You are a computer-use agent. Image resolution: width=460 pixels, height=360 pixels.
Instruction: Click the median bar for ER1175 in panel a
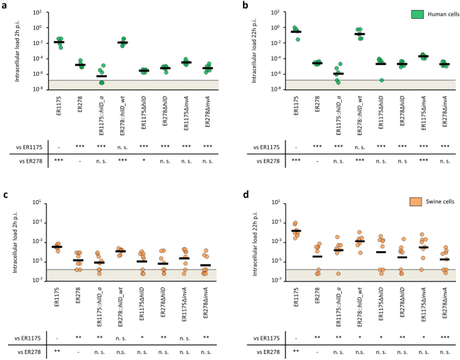point(59,42)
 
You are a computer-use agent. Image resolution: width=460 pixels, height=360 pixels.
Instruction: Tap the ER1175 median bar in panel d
point(295,231)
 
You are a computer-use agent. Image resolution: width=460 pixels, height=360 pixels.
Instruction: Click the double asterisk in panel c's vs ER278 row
point(58,350)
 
